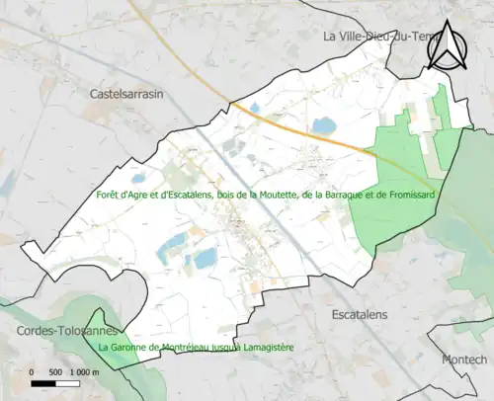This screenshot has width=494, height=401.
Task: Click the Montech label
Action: (x=465, y=359)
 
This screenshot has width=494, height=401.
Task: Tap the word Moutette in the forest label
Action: (x=285, y=195)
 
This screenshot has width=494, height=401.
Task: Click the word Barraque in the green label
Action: (x=347, y=195)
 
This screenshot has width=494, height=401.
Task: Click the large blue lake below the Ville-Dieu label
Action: (x=324, y=125)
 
